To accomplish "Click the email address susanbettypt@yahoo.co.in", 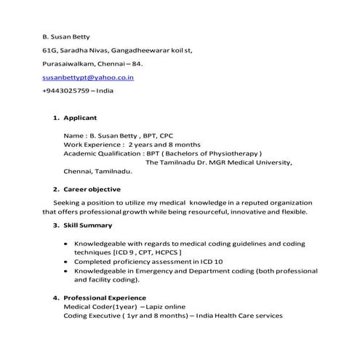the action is [88, 77].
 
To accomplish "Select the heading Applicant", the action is [80, 117].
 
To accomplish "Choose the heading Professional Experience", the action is [105, 297].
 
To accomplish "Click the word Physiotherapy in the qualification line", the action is [231, 153].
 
